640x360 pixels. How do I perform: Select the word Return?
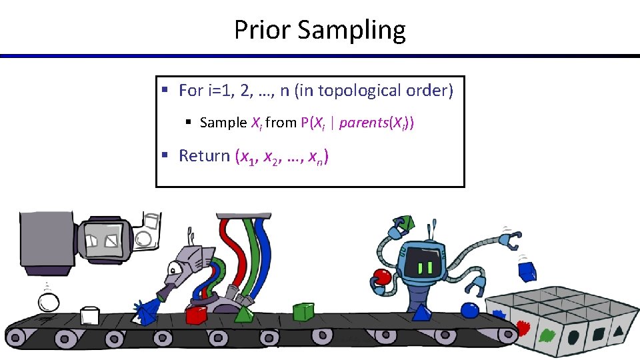[x=205, y=156]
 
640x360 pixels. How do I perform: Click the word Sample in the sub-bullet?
[x=223, y=123]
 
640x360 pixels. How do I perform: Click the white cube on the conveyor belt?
[x=89, y=316]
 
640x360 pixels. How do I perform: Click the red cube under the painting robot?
[x=197, y=315]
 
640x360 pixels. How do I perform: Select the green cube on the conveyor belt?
[x=303, y=311]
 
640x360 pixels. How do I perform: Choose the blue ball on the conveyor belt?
[x=471, y=311]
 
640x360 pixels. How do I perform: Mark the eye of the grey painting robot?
[x=174, y=269]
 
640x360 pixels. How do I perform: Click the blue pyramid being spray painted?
[x=142, y=311]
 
